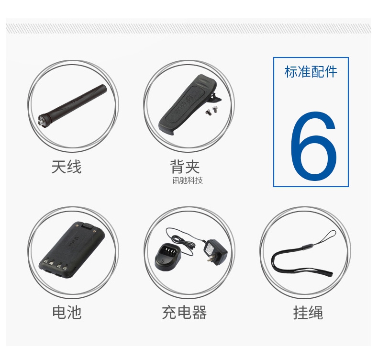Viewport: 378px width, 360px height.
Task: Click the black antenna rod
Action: [x=73, y=104]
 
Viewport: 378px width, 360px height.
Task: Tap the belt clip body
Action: [x=186, y=105]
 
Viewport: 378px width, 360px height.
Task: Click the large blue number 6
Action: [x=313, y=146]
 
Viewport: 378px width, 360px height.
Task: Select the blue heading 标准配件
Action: [x=311, y=72]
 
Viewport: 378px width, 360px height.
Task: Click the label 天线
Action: [x=67, y=167]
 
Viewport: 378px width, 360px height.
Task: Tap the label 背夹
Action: [x=185, y=167]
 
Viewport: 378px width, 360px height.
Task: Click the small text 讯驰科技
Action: [x=188, y=180]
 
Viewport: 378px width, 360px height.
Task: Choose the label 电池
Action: [x=67, y=313]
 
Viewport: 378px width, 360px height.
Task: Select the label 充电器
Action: [x=184, y=313]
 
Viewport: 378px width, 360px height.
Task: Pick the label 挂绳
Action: [x=308, y=313]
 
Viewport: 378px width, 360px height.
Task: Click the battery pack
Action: [x=72, y=250]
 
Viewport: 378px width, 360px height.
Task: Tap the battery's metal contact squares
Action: [x=55, y=264]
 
